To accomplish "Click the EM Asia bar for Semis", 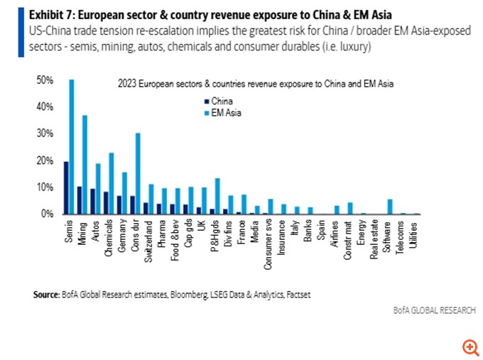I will coord(71,146).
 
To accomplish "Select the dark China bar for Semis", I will coord(66,187).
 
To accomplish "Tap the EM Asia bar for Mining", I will coord(85,164).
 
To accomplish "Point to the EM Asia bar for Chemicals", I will coord(111,183).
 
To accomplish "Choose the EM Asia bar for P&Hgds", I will coord(217,196).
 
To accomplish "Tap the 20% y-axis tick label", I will coord(44,160).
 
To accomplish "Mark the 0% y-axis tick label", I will coord(46,214).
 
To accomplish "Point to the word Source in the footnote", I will coord(45,293).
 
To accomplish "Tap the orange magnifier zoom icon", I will coord(470,347).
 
